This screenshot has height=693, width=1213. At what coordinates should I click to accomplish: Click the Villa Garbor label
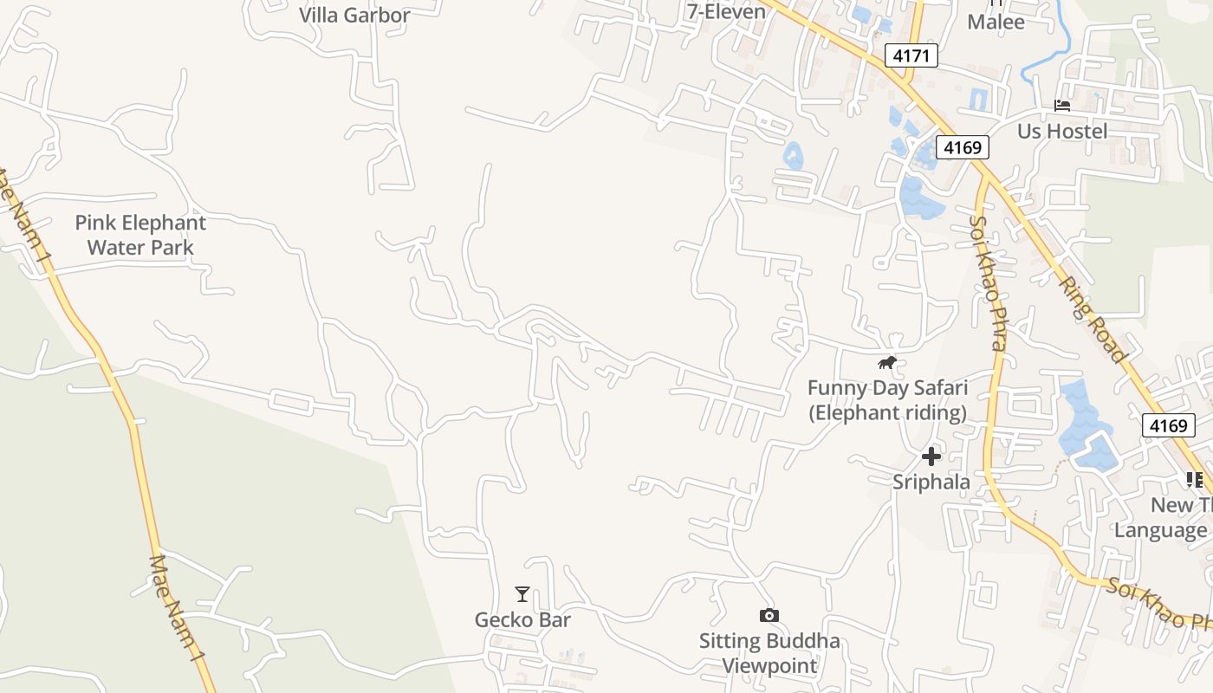pyautogui.click(x=354, y=15)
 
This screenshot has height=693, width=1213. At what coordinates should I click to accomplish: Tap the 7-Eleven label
pyautogui.click(x=726, y=11)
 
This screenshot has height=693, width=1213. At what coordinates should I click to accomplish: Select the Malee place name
pyautogui.click(x=996, y=22)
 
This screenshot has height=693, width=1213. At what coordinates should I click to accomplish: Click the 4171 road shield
pyautogui.click(x=911, y=56)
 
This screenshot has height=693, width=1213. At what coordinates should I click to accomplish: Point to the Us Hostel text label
pyautogui.click(x=1062, y=131)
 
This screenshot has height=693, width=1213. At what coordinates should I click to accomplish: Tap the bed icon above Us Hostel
pyautogui.click(x=1062, y=106)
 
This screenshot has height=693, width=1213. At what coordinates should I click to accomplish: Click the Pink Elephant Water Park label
pyautogui.click(x=140, y=235)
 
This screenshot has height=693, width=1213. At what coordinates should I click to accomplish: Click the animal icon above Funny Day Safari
pyautogui.click(x=886, y=362)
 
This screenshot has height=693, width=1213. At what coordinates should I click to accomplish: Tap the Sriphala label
pyautogui.click(x=931, y=482)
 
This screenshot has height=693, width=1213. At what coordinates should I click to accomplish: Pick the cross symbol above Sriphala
pyautogui.click(x=931, y=456)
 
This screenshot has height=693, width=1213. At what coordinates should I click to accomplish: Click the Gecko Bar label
pyautogui.click(x=522, y=619)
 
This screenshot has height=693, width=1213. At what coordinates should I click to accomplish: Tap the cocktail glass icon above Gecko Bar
pyautogui.click(x=522, y=594)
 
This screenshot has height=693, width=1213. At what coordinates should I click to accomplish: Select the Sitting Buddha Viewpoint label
pyautogui.click(x=769, y=653)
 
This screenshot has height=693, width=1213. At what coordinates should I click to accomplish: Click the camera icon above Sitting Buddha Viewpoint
pyautogui.click(x=769, y=616)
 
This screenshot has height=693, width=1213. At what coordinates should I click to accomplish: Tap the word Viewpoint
pyautogui.click(x=769, y=666)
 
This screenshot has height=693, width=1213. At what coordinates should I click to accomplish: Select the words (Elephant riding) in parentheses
pyautogui.click(x=887, y=412)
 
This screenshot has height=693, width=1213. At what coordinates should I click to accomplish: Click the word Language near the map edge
pyautogui.click(x=1161, y=530)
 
